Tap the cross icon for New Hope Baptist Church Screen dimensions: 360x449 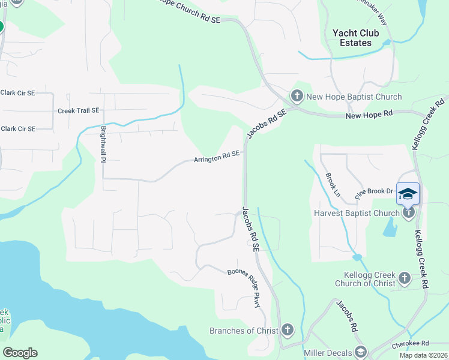tap(297, 96)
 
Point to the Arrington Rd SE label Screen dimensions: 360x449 tap(216, 157)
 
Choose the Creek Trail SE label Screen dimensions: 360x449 tap(78, 111)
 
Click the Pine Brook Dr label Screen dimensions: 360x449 tap(373, 192)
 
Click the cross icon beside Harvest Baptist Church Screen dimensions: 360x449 tap(409, 213)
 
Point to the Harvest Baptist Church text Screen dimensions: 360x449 tap(357, 213)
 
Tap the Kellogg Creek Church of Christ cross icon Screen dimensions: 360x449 tap(404, 278)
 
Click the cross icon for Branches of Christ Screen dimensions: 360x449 tap(288, 331)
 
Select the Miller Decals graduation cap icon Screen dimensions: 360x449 tap(361, 351)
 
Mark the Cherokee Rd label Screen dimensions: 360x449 tap(411, 344)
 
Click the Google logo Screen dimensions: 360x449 tap(20, 352)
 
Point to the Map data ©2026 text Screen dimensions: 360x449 tap(423, 355)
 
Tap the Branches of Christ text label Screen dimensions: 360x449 tap(244, 331)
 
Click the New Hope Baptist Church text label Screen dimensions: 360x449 tap(354, 97)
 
